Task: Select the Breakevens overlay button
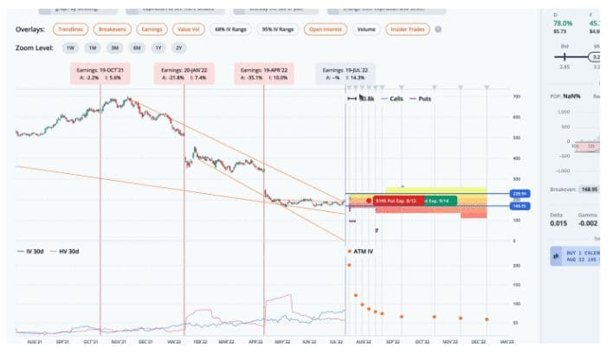point(113,30)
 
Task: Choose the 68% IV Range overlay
point(229,30)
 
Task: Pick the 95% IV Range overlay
point(277,30)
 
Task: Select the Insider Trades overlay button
point(408,30)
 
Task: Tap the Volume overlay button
point(366,30)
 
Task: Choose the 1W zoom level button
point(70,48)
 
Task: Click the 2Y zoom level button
point(178,48)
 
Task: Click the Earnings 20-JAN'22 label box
point(183,73)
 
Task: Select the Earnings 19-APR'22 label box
point(264,73)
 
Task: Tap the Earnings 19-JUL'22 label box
point(345,73)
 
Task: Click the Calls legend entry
point(394,100)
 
